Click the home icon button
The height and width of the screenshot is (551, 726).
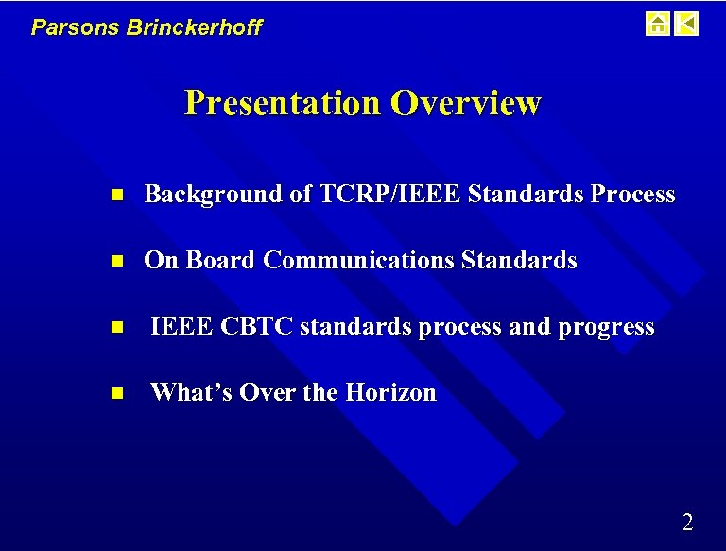(x=657, y=24)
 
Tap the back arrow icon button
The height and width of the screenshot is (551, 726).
(x=687, y=24)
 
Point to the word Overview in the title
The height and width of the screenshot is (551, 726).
(x=465, y=102)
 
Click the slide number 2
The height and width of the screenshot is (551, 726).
(x=687, y=522)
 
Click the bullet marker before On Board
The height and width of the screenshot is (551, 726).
(x=116, y=262)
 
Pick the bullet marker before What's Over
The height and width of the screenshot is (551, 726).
(x=116, y=394)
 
